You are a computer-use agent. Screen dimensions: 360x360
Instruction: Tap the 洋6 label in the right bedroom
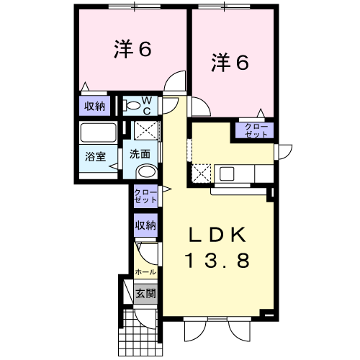point(230,63)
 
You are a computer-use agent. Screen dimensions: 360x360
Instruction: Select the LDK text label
point(220,235)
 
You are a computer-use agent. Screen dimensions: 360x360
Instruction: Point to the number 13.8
point(220,260)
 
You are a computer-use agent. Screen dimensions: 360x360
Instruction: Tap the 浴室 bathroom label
point(96,156)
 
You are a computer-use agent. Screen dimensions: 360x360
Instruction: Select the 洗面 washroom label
point(140,154)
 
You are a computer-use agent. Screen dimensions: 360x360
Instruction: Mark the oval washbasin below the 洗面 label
point(145,172)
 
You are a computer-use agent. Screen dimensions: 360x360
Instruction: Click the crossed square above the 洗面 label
point(148,132)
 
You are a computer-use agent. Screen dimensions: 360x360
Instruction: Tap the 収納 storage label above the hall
point(145,225)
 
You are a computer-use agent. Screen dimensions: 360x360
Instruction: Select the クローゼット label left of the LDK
point(145,194)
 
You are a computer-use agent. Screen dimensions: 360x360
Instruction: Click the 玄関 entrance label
point(145,294)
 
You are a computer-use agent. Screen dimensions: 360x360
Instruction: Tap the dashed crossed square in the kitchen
point(201,173)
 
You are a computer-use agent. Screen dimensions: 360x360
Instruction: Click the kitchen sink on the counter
point(226,174)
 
